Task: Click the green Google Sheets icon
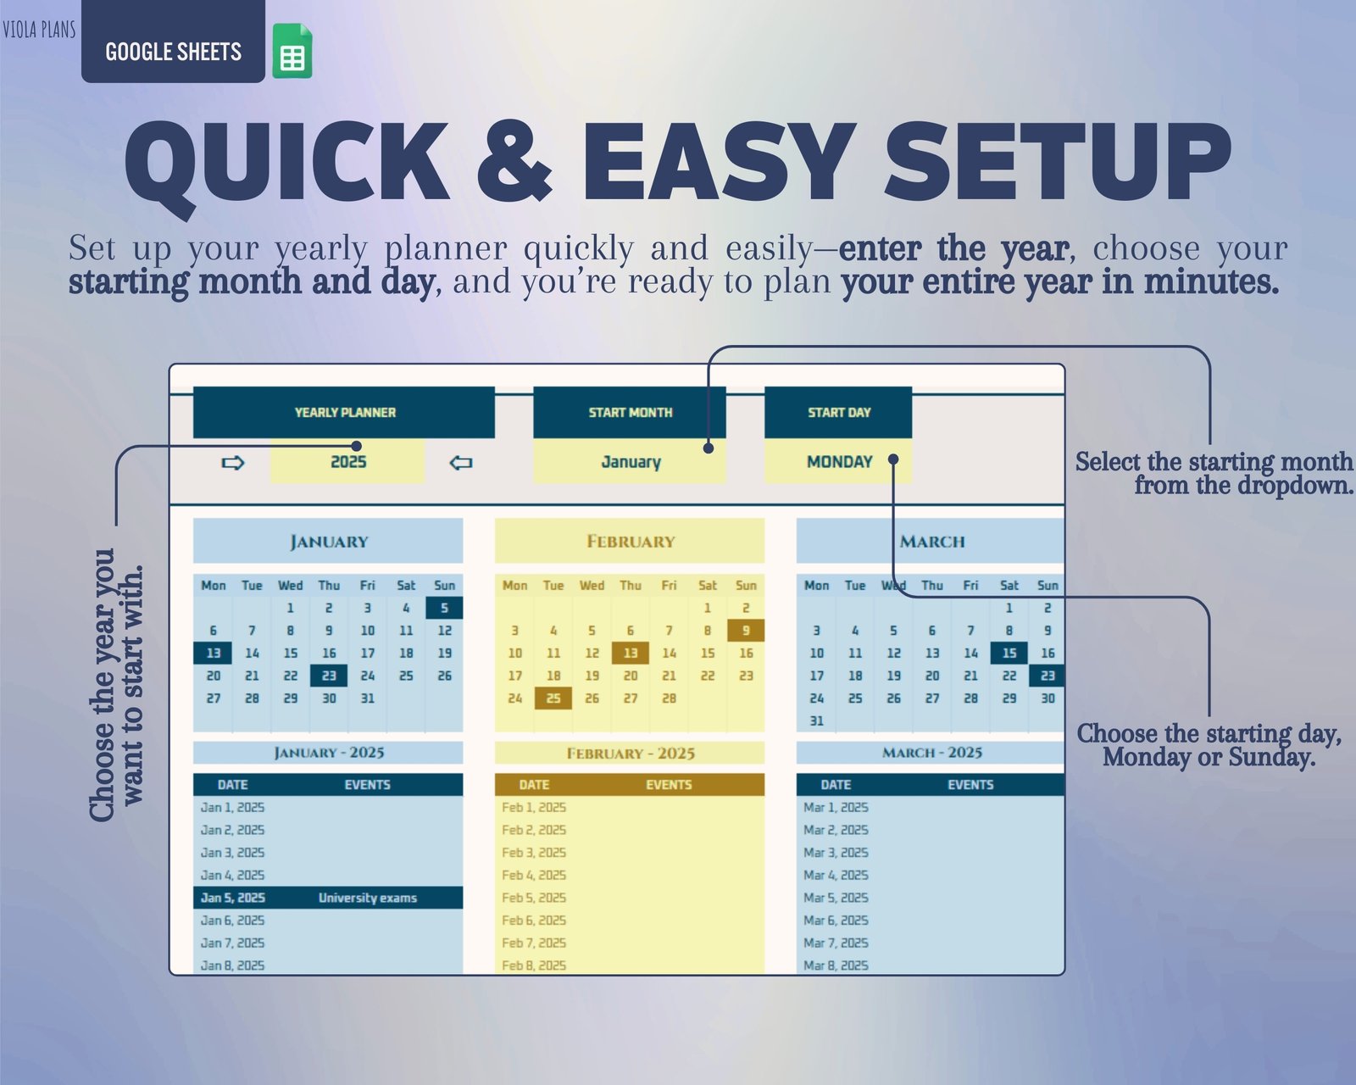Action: click(292, 51)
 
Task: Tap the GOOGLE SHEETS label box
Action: click(173, 42)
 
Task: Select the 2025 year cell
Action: click(347, 461)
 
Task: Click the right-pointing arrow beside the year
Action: click(232, 463)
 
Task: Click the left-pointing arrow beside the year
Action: click(460, 463)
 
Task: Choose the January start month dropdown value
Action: click(630, 461)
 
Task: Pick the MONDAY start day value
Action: click(838, 461)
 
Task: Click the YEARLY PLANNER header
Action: click(344, 412)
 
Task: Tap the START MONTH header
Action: click(630, 412)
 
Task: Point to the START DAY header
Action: click(838, 412)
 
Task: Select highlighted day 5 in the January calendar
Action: click(444, 608)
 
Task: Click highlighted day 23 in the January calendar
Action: click(329, 676)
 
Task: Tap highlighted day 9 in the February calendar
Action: click(746, 631)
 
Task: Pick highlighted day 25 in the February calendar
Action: click(553, 698)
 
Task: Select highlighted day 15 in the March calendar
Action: click(1009, 653)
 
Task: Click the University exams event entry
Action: click(367, 898)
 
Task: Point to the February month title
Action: click(630, 541)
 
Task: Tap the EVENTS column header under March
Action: click(970, 784)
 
